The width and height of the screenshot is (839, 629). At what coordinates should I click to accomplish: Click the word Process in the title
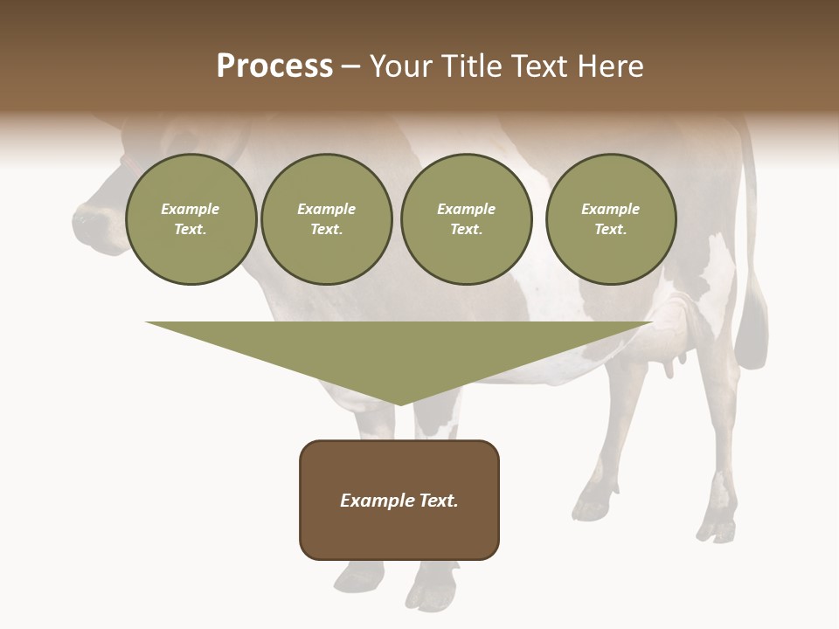[274, 66]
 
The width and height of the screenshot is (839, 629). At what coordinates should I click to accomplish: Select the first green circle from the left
[191, 219]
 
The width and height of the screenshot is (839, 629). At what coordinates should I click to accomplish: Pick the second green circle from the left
[326, 219]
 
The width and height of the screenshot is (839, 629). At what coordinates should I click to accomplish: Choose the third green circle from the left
[466, 219]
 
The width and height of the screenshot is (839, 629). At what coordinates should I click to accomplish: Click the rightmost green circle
[610, 219]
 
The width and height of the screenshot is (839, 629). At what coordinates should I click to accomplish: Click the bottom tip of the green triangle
[399, 403]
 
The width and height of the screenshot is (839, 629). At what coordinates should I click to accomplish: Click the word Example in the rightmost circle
[610, 209]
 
